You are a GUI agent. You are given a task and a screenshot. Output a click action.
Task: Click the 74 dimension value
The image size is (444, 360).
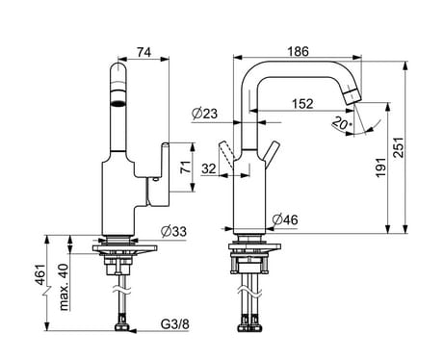point(144,52)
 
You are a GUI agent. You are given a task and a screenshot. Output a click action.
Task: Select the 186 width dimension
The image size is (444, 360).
point(298,51)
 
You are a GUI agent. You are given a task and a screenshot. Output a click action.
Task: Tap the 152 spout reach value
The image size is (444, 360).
point(302,104)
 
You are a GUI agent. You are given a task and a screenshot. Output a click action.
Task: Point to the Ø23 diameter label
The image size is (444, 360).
point(204,114)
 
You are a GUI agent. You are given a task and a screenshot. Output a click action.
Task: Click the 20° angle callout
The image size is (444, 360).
point(342,123)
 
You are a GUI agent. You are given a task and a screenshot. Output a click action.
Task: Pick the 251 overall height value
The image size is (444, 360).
point(399,147)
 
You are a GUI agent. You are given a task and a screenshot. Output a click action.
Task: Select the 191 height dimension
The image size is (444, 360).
point(381,167)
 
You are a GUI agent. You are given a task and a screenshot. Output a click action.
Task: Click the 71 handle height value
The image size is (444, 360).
point(186,167)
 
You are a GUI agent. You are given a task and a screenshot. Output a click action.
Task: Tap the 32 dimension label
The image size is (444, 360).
point(209,168)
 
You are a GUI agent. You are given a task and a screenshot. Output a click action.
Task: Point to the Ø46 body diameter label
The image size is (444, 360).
point(285,219)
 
